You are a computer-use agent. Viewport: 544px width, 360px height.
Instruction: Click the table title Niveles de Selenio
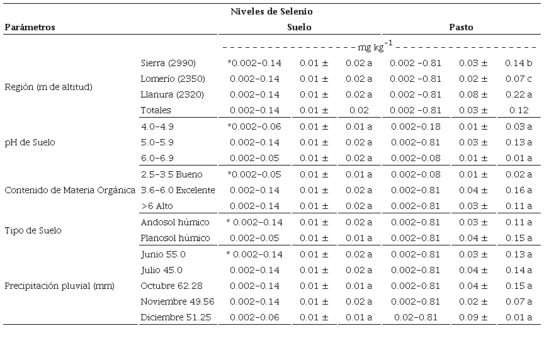(x=271, y=11)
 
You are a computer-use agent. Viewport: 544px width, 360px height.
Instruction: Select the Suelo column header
(x=299, y=27)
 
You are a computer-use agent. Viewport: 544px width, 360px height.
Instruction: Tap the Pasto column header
(x=461, y=27)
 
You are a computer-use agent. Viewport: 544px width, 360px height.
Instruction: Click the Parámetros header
(x=30, y=27)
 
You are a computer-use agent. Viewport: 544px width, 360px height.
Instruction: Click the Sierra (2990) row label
(x=169, y=63)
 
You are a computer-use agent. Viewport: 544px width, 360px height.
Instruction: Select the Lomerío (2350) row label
(x=173, y=79)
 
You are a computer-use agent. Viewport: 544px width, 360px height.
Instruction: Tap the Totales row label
(x=156, y=110)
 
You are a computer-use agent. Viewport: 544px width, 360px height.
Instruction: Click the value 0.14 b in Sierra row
(x=519, y=63)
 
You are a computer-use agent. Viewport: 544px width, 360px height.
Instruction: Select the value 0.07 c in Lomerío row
(x=519, y=79)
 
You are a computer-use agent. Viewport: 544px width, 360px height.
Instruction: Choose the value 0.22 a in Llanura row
(x=519, y=94)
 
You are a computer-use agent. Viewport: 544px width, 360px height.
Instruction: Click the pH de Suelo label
(x=30, y=142)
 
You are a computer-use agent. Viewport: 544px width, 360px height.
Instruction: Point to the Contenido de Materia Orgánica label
(x=70, y=190)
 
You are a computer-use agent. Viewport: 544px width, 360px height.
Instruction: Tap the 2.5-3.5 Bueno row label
(x=172, y=174)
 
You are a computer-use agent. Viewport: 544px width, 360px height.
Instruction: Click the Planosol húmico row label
(x=176, y=238)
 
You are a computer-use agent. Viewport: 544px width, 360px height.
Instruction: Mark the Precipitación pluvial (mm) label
(x=60, y=286)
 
